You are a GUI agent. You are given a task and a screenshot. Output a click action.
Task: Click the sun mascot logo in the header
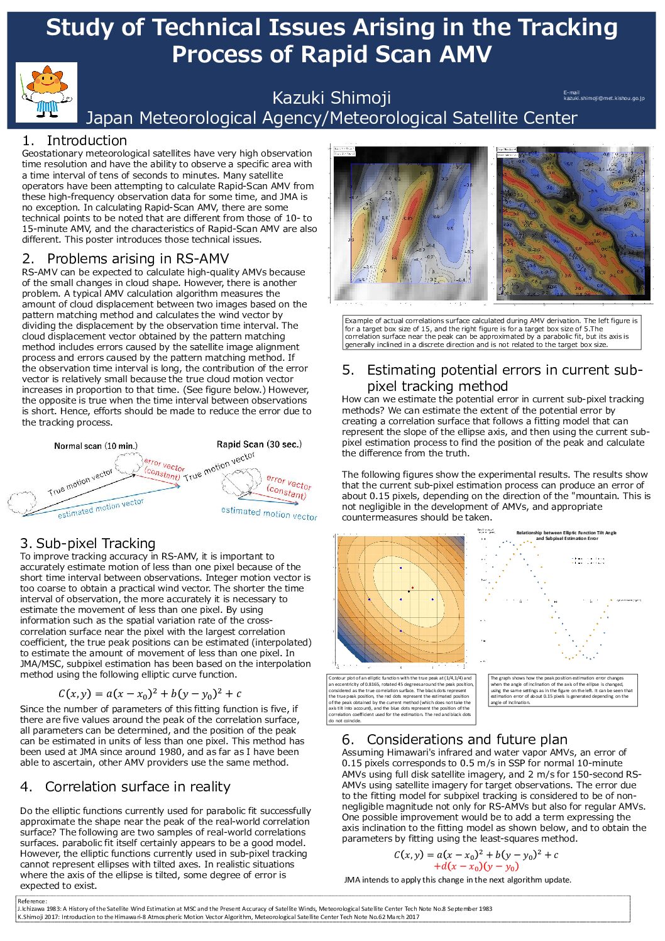tap(46, 92)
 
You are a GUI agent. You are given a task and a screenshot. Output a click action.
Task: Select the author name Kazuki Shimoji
tap(331, 98)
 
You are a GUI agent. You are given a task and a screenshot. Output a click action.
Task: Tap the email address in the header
tap(603, 99)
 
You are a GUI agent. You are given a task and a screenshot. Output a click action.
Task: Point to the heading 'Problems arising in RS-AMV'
tap(138, 259)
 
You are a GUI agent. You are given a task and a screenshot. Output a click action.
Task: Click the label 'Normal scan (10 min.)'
tap(96, 446)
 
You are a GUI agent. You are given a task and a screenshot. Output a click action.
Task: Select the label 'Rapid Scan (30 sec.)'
tap(259, 444)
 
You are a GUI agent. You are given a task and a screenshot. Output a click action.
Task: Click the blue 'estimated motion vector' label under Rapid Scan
tap(269, 514)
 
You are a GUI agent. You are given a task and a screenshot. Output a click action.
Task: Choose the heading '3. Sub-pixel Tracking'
tap(87, 544)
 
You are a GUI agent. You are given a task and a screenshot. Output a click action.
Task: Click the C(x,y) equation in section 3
tap(150, 694)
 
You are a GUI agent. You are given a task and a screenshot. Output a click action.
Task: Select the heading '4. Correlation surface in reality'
tap(125, 787)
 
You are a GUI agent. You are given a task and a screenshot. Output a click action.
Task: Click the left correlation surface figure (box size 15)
tap(410, 223)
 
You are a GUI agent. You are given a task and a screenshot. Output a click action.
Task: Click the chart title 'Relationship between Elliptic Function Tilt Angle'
tap(566, 533)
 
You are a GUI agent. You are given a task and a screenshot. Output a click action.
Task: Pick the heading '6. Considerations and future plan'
tap(454, 740)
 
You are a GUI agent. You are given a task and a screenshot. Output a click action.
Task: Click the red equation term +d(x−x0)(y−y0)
tap(476, 867)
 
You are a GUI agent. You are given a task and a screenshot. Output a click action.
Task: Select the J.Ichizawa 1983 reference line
tap(255, 908)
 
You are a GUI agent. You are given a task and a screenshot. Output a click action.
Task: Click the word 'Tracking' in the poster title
tap(568, 28)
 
